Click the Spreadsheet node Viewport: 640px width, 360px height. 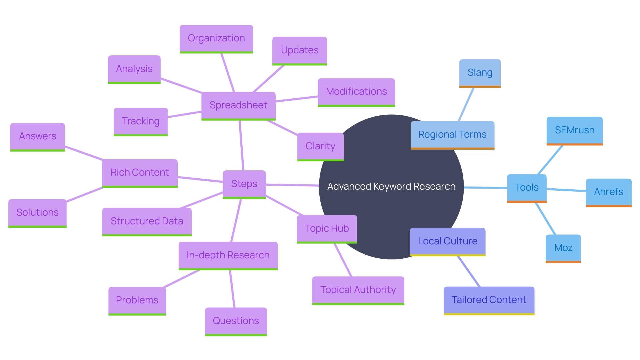[238, 105]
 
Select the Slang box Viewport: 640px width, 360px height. [480, 73]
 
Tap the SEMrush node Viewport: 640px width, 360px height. [574, 130]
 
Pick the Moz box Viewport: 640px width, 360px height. [563, 248]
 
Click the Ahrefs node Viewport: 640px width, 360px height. [608, 192]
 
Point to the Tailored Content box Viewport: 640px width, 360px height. [489, 300]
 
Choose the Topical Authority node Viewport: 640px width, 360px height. [358, 290]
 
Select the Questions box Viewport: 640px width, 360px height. [236, 321]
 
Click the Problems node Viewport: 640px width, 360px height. [137, 300]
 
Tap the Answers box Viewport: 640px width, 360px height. [37, 136]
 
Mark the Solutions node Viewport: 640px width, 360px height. [37, 213]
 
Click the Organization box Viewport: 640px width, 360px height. [216, 38]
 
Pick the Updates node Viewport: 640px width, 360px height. [299, 50]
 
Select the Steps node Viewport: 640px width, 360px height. [244, 184]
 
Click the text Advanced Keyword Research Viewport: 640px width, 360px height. [391, 187]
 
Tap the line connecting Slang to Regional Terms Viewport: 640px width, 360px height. [466, 104]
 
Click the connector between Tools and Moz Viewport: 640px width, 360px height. [545, 219]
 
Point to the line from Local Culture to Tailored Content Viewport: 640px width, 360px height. [469, 271]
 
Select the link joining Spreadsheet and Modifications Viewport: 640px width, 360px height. [297, 99]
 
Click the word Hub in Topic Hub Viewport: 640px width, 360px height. [340, 229]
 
